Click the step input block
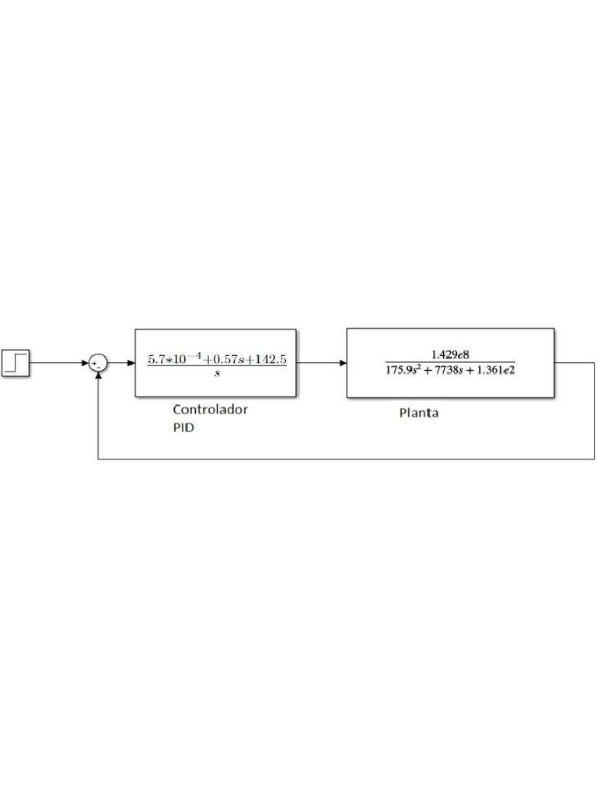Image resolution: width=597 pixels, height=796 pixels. (16, 362)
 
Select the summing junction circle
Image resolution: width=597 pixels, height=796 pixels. (98, 363)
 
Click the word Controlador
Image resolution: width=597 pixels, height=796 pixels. (210, 410)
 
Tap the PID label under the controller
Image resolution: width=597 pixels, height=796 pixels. (183, 428)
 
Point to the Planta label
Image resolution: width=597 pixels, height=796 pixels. (419, 413)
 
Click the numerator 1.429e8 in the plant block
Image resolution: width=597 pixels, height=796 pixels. (450, 354)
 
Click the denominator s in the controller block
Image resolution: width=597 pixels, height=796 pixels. (216, 374)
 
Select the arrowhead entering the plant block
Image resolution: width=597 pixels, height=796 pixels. (342, 363)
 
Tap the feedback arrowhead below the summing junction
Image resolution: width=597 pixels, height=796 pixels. (98, 376)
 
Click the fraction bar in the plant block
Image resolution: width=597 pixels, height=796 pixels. (450, 362)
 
